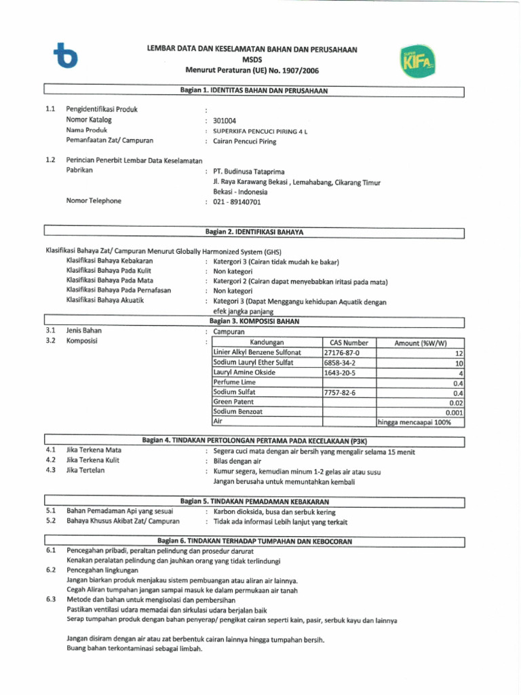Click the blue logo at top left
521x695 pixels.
tap(66, 57)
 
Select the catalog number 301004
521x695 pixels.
tap(225, 121)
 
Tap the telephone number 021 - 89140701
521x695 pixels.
tap(237, 202)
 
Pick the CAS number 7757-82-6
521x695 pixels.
tap(340, 393)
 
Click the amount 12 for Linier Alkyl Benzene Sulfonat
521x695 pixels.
tap(459, 354)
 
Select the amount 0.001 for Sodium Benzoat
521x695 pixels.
tap(454, 412)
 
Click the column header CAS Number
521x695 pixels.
tap(349, 343)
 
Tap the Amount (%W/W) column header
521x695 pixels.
tap(420, 343)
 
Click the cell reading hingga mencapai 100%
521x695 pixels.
tap(414, 422)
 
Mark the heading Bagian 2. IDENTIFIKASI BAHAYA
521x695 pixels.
tap(254, 233)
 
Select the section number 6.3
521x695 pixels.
tap(51, 600)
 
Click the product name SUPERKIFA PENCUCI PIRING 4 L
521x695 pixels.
tap(260, 131)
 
